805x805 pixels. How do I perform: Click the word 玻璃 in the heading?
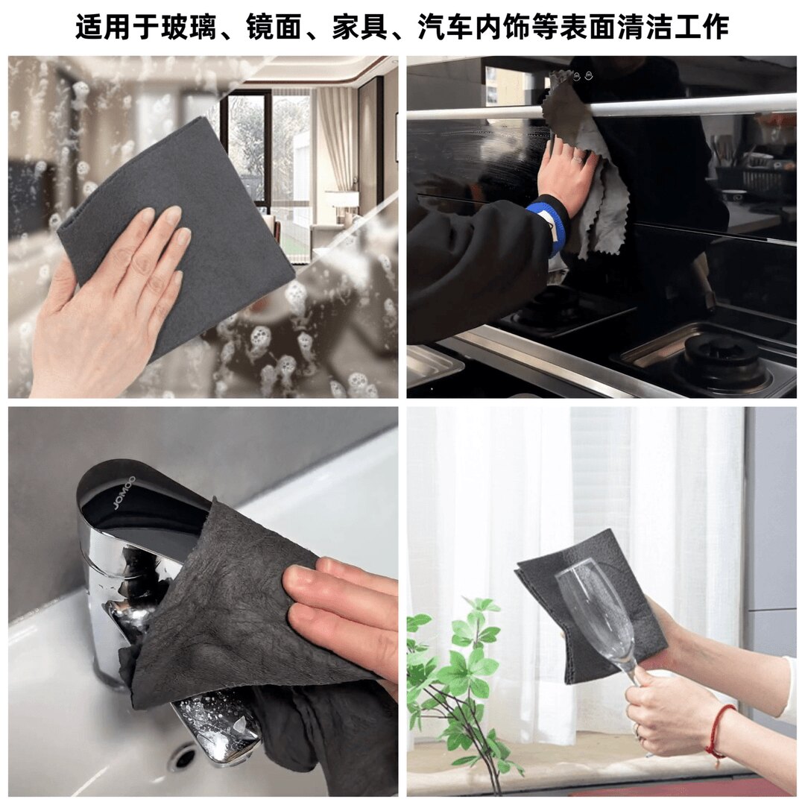(x=189, y=27)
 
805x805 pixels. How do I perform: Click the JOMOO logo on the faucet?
(x=122, y=493)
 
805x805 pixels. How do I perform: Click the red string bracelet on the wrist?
(x=719, y=730)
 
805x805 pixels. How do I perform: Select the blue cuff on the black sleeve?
(x=546, y=219)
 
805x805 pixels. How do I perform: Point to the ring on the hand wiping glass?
(x=578, y=159)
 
